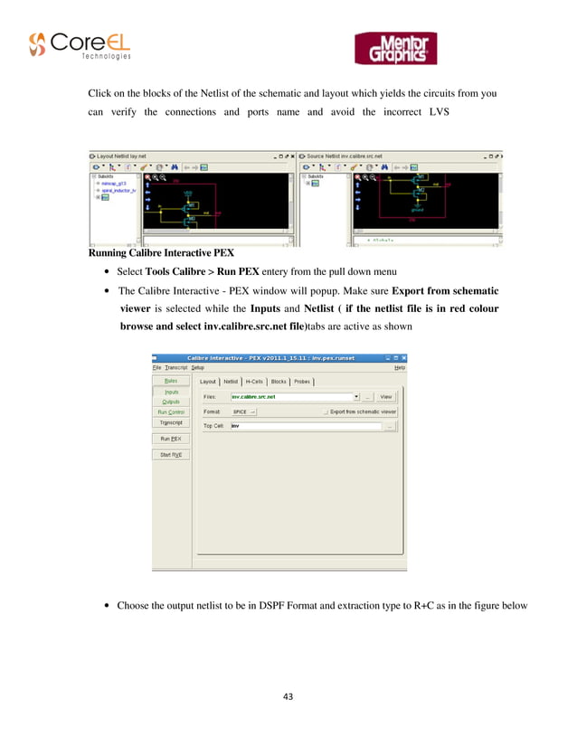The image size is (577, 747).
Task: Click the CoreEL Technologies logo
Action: click(x=80, y=45)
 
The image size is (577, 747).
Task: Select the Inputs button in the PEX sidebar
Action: click(x=171, y=392)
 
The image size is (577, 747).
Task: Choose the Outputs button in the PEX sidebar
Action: click(x=171, y=402)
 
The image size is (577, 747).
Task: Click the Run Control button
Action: click(x=171, y=412)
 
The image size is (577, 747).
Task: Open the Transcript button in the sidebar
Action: click(x=171, y=422)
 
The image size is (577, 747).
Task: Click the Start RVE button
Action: click(x=171, y=455)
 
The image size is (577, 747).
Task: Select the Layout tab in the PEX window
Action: click(x=208, y=382)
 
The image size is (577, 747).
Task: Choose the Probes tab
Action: click(x=301, y=382)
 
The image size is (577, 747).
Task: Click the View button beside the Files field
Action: click(x=386, y=396)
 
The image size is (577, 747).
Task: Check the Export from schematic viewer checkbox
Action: click(x=326, y=411)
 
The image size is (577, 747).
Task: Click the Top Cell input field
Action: click(x=303, y=426)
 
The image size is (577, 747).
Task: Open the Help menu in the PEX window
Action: click(x=400, y=367)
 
